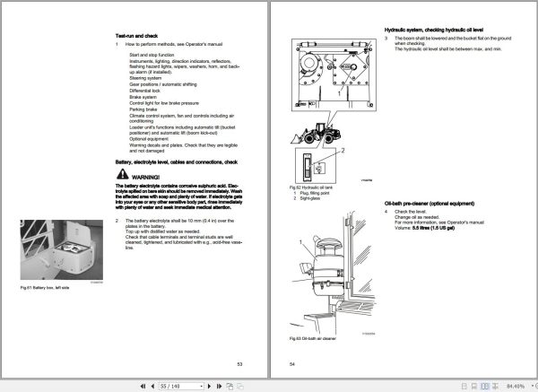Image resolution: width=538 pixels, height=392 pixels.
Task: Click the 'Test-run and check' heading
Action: pos(137,34)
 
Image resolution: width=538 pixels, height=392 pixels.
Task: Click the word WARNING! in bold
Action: pos(143,178)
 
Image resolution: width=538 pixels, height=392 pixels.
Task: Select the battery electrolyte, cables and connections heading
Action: pos(176,162)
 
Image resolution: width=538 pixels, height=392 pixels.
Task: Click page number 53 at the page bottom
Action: pos(239,362)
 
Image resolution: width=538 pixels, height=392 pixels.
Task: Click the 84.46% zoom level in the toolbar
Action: pos(516,383)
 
